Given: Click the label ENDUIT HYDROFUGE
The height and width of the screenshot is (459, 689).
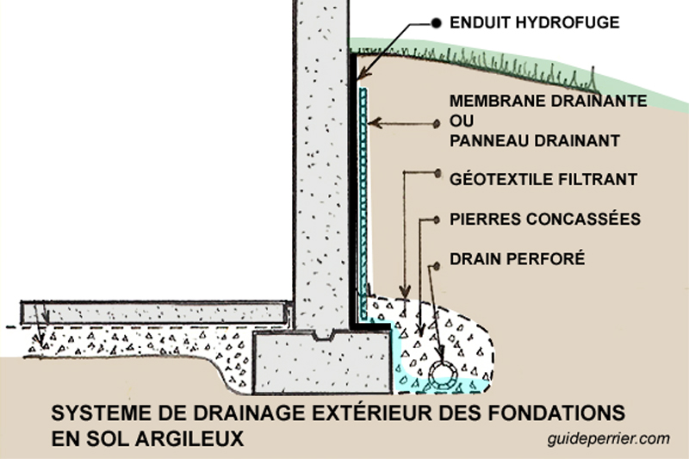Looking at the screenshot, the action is pyautogui.click(x=534, y=22).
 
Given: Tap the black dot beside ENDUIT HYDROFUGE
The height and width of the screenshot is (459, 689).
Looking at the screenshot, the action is pyautogui.click(x=436, y=23).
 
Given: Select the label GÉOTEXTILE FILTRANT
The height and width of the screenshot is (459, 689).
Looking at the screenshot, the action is pyautogui.click(x=543, y=179).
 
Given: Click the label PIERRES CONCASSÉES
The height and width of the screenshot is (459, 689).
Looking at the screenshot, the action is pyautogui.click(x=545, y=219).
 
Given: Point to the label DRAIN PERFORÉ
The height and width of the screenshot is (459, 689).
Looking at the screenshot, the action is pyautogui.click(x=518, y=258).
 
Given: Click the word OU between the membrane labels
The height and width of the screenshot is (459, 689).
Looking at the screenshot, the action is pyautogui.click(x=462, y=121).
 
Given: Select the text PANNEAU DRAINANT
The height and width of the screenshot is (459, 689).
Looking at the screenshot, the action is pyautogui.click(x=534, y=140).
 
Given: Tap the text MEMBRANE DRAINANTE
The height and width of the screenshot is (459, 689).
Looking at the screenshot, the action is pyautogui.click(x=548, y=101).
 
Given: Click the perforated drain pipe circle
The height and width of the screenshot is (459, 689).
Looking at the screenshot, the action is pyautogui.click(x=443, y=375).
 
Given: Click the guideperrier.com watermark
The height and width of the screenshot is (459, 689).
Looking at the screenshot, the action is pyautogui.click(x=609, y=438).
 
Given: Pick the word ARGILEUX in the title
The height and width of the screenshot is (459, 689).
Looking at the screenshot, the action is pyautogui.click(x=190, y=438).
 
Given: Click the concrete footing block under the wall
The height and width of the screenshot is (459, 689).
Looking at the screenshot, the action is pyautogui.click(x=323, y=363).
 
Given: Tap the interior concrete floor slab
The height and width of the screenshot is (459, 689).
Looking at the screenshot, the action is pyautogui.click(x=155, y=313).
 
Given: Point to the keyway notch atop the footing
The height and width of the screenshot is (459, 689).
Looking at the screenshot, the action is pyautogui.click(x=323, y=336).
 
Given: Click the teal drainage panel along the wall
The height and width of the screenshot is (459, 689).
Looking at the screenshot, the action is pyautogui.click(x=363, y=202).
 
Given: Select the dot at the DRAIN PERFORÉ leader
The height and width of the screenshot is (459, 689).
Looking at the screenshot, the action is pyautogui.click(x=437, y=266).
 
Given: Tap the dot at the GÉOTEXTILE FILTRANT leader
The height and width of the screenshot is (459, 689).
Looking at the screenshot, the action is pyautogui.click(x=438, y=173).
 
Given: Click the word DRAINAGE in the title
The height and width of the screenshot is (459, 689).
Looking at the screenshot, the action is pyautogui.click(x=251, y=412).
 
